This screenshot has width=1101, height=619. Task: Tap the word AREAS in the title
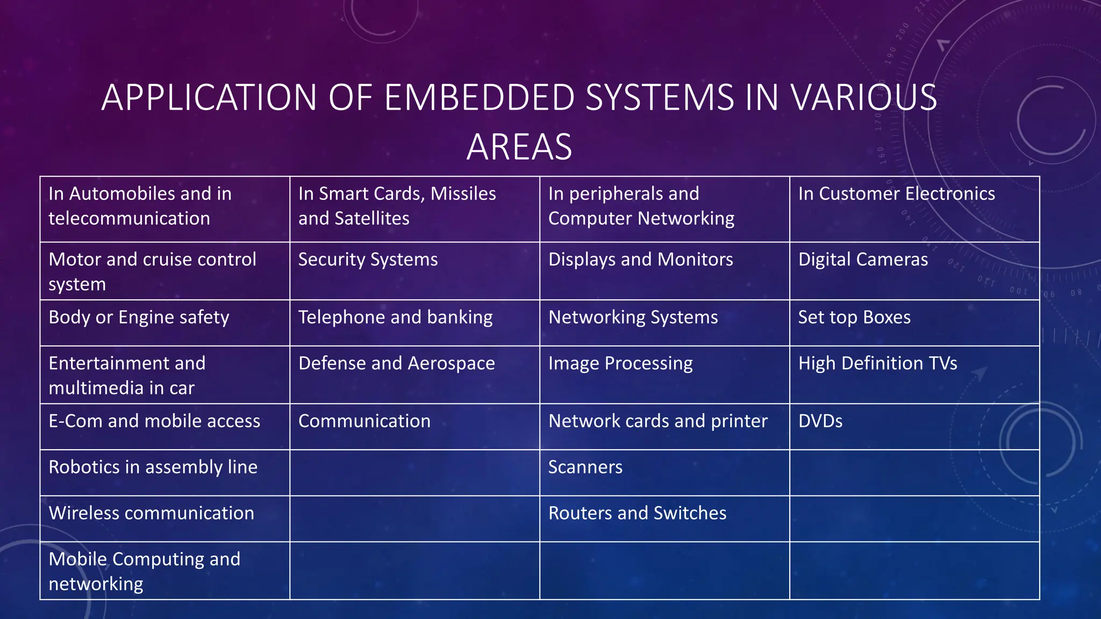point(519,147)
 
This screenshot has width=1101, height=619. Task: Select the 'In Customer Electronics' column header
point(896,194)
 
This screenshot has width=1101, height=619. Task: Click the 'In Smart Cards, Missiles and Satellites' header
point(397,206)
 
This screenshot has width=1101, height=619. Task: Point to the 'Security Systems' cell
point(368,260)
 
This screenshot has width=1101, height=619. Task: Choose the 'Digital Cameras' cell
point(863,260)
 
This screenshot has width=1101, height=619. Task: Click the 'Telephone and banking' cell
point(395,318)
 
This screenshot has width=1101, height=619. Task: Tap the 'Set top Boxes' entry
point(854,318)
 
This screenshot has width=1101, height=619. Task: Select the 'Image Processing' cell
point(620,364)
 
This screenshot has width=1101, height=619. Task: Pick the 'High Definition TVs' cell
point(877,364)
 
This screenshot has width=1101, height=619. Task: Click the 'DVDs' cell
point(820,421)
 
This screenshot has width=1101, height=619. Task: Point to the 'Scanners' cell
point(585,467)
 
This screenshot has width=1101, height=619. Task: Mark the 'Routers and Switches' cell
point(637,514)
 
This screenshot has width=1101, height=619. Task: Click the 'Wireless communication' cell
point(151,514)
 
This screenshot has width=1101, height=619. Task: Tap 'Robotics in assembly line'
point(153,467)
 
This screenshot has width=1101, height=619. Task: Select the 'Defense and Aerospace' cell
point(396,364)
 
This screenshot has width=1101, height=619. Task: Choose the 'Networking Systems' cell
point(633,318)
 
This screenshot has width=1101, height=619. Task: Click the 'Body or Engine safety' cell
point(139,318)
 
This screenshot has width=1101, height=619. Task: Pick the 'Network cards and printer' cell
point(658,421)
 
